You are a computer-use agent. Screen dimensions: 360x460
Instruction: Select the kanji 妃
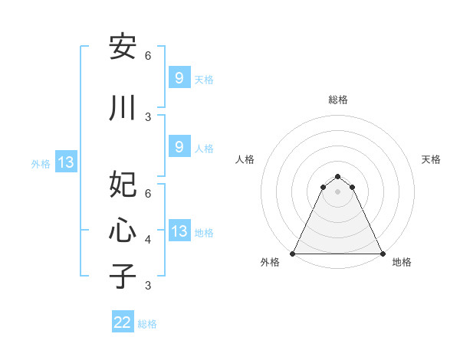(123, 185)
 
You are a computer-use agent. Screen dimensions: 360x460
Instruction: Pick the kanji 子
(123, 276)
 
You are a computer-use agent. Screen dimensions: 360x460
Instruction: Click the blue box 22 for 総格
(123, 322)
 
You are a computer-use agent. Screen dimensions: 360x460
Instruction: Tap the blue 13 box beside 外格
(66, 162)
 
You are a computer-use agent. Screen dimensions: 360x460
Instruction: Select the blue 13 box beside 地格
(179, 231)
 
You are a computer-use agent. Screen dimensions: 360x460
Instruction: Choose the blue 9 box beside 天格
(179, 77)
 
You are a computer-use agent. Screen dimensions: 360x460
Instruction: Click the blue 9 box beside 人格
(179, 147)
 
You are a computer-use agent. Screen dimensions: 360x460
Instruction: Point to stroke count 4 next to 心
(148, 240)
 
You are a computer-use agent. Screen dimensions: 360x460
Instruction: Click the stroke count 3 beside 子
(148, 286)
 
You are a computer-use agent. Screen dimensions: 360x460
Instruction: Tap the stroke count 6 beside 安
(148, 56)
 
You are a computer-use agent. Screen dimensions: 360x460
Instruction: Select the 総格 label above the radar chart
(338, 100)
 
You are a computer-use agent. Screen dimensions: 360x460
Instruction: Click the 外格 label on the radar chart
(270, 263)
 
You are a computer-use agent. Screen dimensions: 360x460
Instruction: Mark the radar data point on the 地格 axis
(382, 254)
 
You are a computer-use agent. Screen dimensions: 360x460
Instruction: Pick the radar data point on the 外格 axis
(293, 254)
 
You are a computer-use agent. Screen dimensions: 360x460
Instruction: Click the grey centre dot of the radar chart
(337, 191)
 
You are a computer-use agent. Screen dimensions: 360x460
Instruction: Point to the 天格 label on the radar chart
(431, 159)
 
